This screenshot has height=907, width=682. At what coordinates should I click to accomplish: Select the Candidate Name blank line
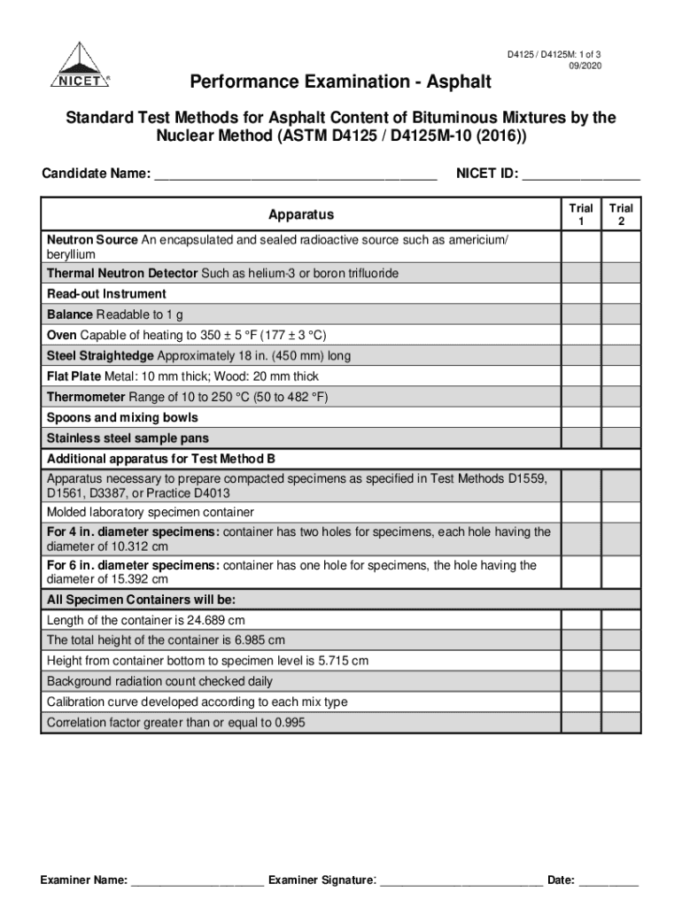(295, 175)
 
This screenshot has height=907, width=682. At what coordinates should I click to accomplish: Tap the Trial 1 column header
(581, 214)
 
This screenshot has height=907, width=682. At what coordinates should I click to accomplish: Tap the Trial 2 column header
(622, 214)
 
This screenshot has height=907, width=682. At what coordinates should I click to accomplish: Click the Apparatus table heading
(301, 214)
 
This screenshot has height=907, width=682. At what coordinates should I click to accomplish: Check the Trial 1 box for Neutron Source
(581, 247)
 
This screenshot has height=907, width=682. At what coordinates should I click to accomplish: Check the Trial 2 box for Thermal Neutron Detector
(622, 274)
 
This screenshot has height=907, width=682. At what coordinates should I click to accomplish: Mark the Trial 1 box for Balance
(581, 314)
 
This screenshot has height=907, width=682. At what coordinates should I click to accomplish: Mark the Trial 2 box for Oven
(622, 335)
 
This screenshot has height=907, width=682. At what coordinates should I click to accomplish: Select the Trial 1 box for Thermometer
(581, 397)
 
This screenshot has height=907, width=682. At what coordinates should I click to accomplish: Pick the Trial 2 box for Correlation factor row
(622, 723)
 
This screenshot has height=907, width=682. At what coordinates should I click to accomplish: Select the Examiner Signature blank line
(461, 880)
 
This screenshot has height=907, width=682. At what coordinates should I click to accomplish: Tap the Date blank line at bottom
(609, 880)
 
